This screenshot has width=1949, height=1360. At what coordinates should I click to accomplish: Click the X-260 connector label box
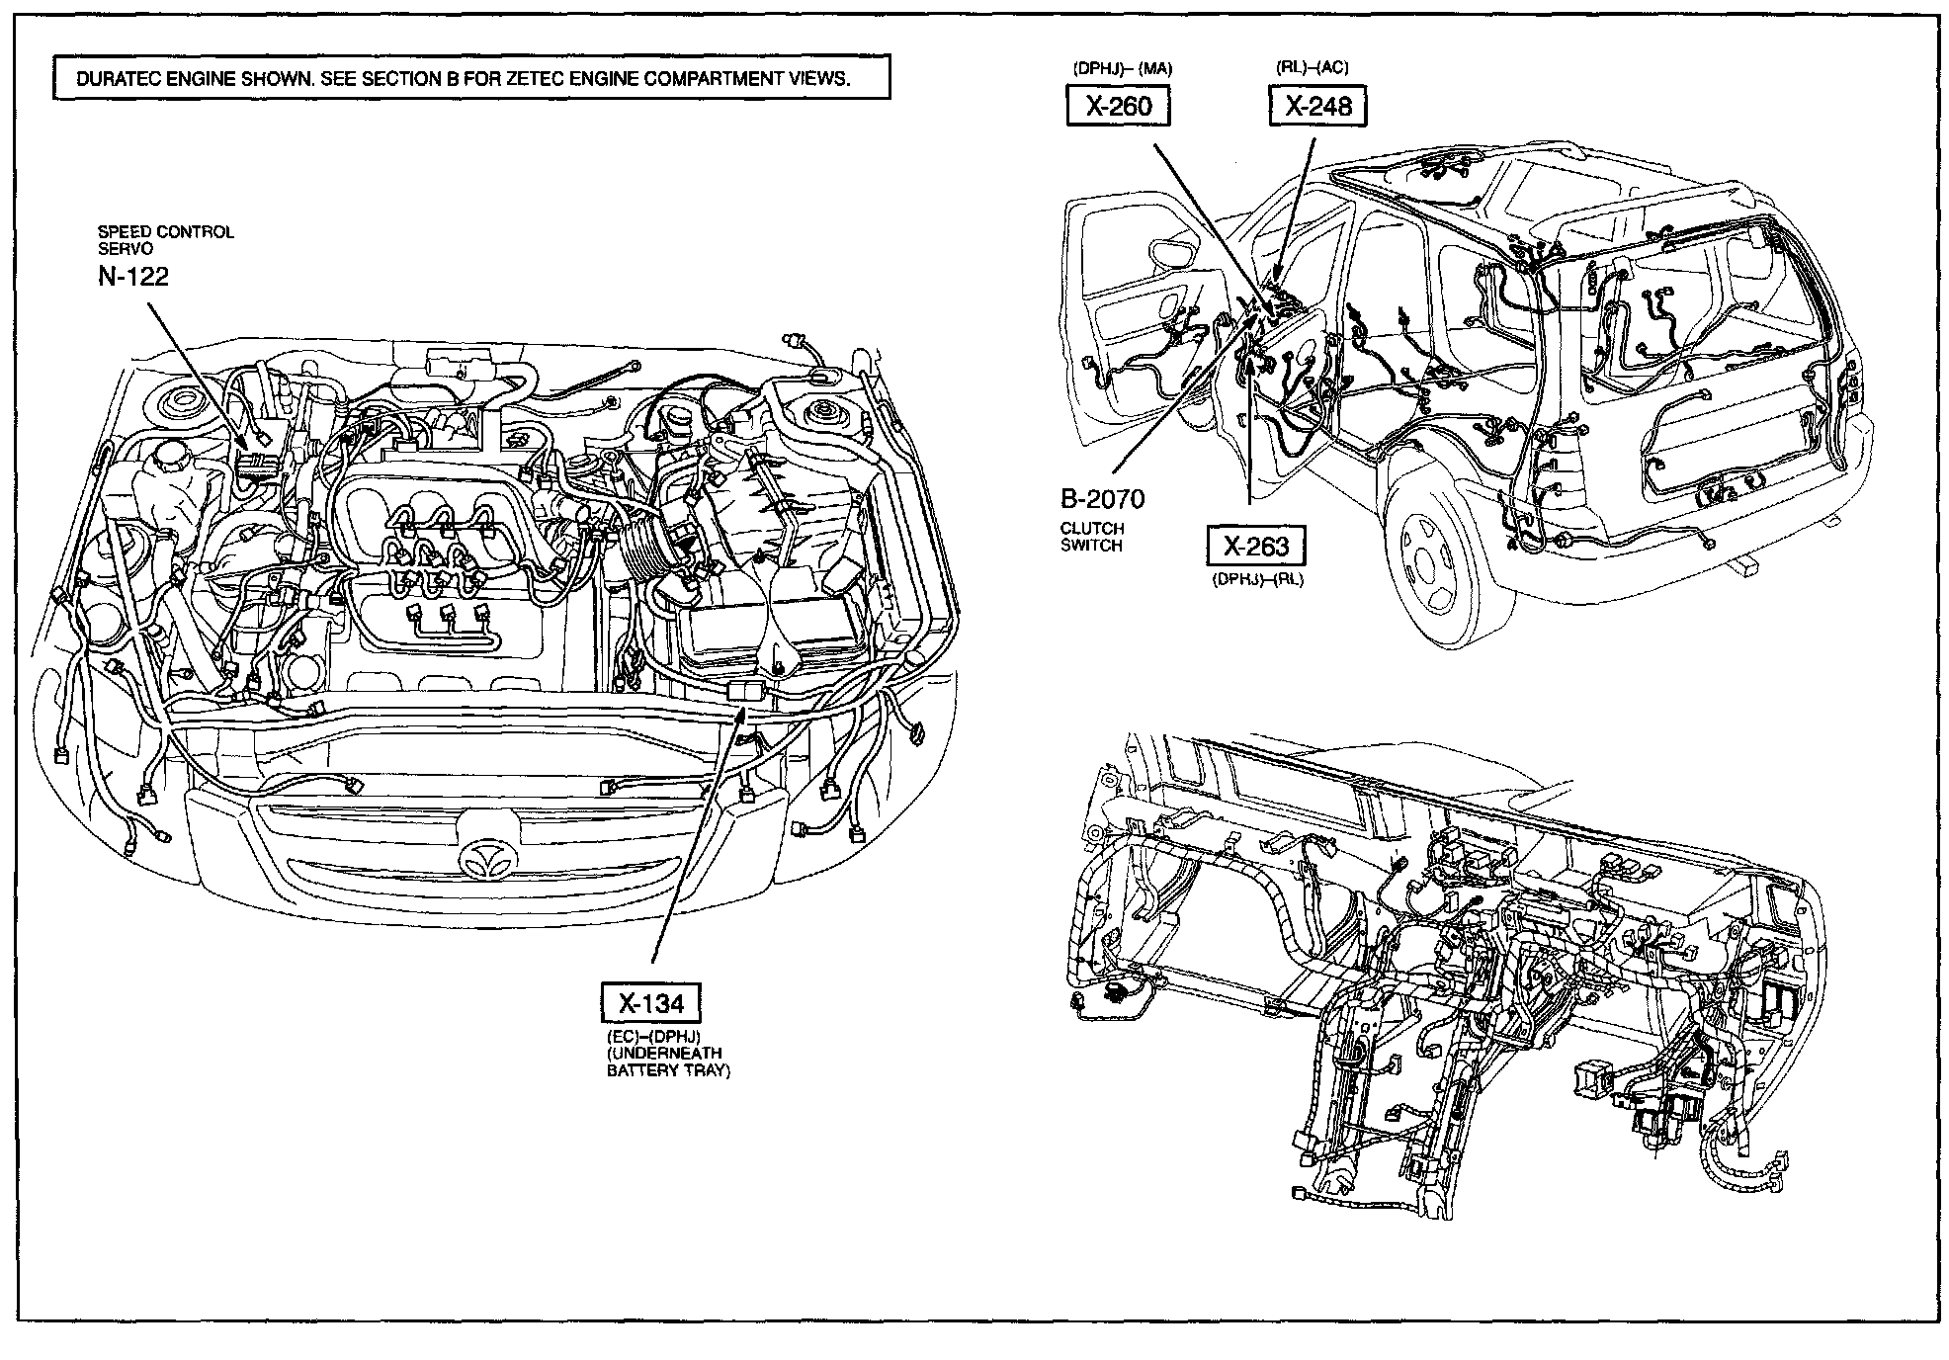pos(1118,106)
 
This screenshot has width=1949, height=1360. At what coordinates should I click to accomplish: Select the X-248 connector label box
pos(1317,106)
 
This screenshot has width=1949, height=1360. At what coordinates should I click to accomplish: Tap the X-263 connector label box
pos(1256,546)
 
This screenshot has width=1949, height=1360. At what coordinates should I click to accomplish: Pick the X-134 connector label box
pos(651,1003)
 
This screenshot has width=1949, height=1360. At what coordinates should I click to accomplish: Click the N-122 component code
pos(133,277)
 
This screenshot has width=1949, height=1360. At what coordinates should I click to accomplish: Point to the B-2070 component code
pos(1102,500)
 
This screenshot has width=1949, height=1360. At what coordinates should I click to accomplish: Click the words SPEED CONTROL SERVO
pos(165,240)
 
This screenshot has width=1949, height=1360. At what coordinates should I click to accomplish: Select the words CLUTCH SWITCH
pos(1091,537)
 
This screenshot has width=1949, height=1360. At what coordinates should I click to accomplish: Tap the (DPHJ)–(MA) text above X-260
pos(1122,69)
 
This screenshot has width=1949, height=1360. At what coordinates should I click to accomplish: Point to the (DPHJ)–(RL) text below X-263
pos(1257,580)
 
